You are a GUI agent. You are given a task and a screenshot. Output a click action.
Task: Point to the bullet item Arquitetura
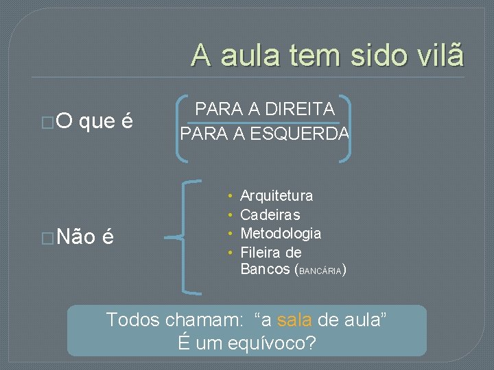[277, 196]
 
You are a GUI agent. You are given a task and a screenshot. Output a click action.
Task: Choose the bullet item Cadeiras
[270, 215]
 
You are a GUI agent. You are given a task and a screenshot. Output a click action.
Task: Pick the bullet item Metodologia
[281, 234]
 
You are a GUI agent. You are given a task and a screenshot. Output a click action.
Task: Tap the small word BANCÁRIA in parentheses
[320, 271]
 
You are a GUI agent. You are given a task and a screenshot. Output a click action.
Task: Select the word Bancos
[266, 269]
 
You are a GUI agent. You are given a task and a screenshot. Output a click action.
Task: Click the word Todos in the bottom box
[131, 319]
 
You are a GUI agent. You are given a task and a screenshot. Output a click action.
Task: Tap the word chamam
[198, 319]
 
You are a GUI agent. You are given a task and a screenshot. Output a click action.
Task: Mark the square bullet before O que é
[47, 123]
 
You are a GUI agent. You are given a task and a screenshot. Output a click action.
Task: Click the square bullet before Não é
[47, 238]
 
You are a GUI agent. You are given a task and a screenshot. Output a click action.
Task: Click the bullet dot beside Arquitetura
[233, 197]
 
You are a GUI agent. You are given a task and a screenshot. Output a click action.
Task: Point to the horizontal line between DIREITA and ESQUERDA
[264, 122]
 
